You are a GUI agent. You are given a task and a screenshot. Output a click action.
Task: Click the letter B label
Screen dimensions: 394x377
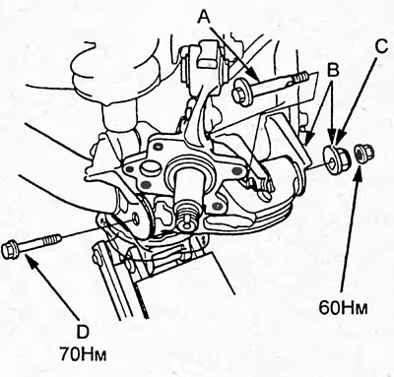tap(334, 70)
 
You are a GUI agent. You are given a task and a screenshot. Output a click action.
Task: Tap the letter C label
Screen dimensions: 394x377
tap(381, 47)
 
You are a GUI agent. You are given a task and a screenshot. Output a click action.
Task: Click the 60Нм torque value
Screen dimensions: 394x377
tap(343, 308)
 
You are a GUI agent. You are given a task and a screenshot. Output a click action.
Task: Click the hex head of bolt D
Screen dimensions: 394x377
tap(10, 250)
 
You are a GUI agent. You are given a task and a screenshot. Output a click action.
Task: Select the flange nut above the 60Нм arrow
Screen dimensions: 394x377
tap(363, 154)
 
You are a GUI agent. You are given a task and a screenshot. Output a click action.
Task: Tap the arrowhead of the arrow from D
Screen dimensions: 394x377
tap(30, 258)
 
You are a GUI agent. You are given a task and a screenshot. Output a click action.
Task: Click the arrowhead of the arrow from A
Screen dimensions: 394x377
tap(255, 76)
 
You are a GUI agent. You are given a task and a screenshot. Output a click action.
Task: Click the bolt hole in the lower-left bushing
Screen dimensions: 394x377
tap(135, 219)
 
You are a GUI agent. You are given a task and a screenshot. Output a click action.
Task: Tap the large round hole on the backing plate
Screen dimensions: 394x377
tap(150, 169)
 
